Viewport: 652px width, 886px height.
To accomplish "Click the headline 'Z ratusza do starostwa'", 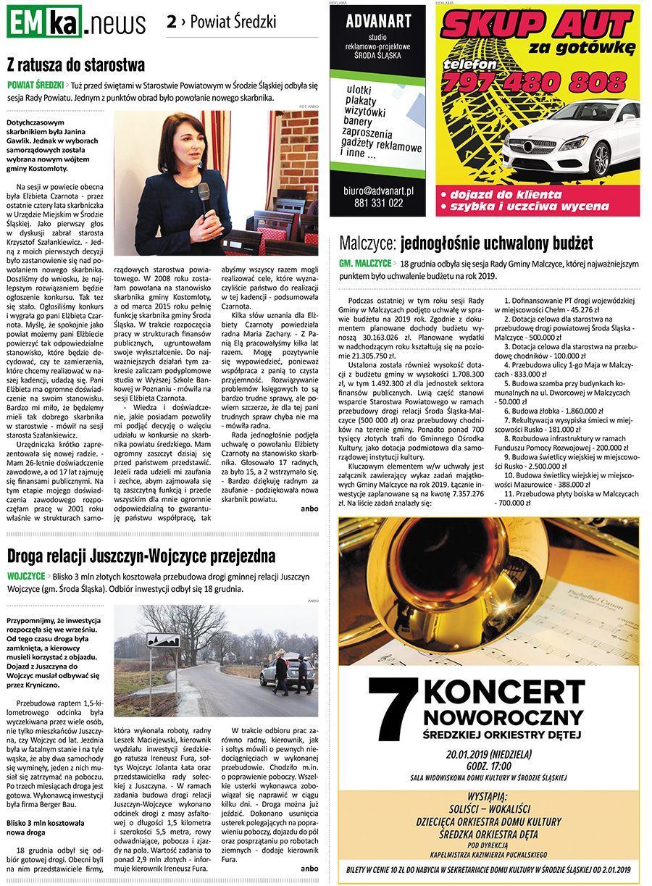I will (76, 65).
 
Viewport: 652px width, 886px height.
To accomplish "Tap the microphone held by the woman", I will (204, 193).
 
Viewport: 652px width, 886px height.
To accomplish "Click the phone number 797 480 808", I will (535, 81).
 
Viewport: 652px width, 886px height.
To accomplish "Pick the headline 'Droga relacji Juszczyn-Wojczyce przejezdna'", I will (141, 556).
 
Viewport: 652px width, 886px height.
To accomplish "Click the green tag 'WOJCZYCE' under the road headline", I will (26, 576).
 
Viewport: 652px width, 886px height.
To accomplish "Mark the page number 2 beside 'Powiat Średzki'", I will (171, 22).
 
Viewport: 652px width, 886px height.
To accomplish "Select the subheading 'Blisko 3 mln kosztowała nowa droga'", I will (45, 829).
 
